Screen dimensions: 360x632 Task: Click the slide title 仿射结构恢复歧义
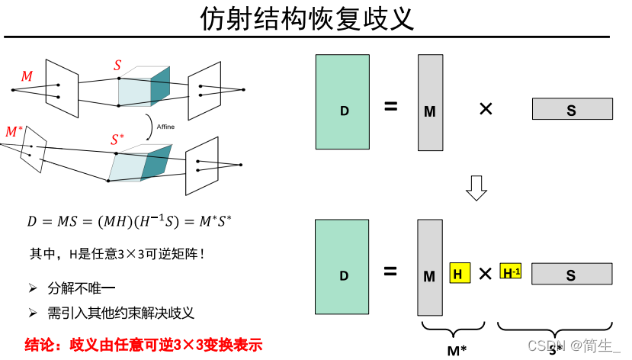pyautogui.click(x=307, y=18)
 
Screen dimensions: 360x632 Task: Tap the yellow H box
pyautogui.click(x=459, y=272)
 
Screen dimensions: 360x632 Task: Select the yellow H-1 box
pyautogui.click(x=511, y=271)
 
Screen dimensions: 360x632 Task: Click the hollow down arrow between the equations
pyautogui.click(x=476, y=188)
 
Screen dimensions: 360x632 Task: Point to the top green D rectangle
pyautogui.click(x=344, y=101)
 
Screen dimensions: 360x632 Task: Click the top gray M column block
pyautogui.click(x=430, y=103)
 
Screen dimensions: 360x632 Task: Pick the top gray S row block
pyautogui.click(x=572, y=109)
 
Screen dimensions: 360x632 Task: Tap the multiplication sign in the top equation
pyautogui.click(x=486, y=108)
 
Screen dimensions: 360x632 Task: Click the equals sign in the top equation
pyautogui.click(x=391, y=107)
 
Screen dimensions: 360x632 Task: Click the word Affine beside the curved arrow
pyautogui.click(x=165, y=127)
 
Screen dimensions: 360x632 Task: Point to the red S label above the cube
pyautogui.click(x=117, y=66)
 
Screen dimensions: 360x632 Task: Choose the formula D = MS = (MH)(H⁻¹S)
pyautogui.click(x=130, y=222)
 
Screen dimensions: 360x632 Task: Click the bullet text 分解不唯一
pyautogui.click(x=81, y=288)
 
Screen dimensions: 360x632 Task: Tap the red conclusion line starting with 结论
pyautogui.click(x=143, y=345)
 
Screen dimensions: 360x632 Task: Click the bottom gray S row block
pyautogui.click(x=572, y=273)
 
